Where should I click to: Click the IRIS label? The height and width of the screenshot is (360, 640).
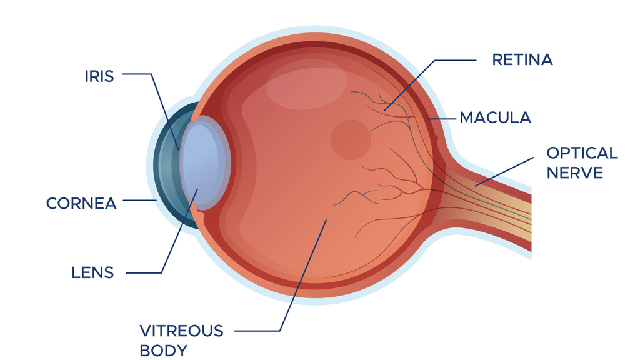pyautogui.click(x=99, y=76)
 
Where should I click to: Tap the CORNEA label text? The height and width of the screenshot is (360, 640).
pyautogui.click(x=81, y=203)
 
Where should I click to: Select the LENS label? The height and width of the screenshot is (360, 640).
pyautogui.click(x=92, y=272)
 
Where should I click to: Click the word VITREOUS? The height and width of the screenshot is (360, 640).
pyautogui.click(x=181, y=331)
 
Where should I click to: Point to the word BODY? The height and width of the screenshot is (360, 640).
pyautogui.click(x=163, y=350)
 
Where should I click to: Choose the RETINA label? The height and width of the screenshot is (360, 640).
pyautogui.click(x=522, y=60)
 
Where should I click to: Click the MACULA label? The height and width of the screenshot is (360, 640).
pyautogui.click(x=495, y=117)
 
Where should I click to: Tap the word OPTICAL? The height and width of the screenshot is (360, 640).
pyautogui.click(x=582, y=153)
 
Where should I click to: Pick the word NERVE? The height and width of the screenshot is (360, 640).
pyautogui.click(x=575, y=172)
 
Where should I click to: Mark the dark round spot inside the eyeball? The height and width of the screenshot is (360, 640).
pyautogui.click(x=351, y=139)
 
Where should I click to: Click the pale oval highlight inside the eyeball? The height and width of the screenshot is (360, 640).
pyautogui.click(x=306, y=84)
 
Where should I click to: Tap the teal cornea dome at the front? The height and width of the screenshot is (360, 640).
pyautogui.click(x=164, y=166)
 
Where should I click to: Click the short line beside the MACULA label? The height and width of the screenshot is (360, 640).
pyautogui.click(x=441, y=117)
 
